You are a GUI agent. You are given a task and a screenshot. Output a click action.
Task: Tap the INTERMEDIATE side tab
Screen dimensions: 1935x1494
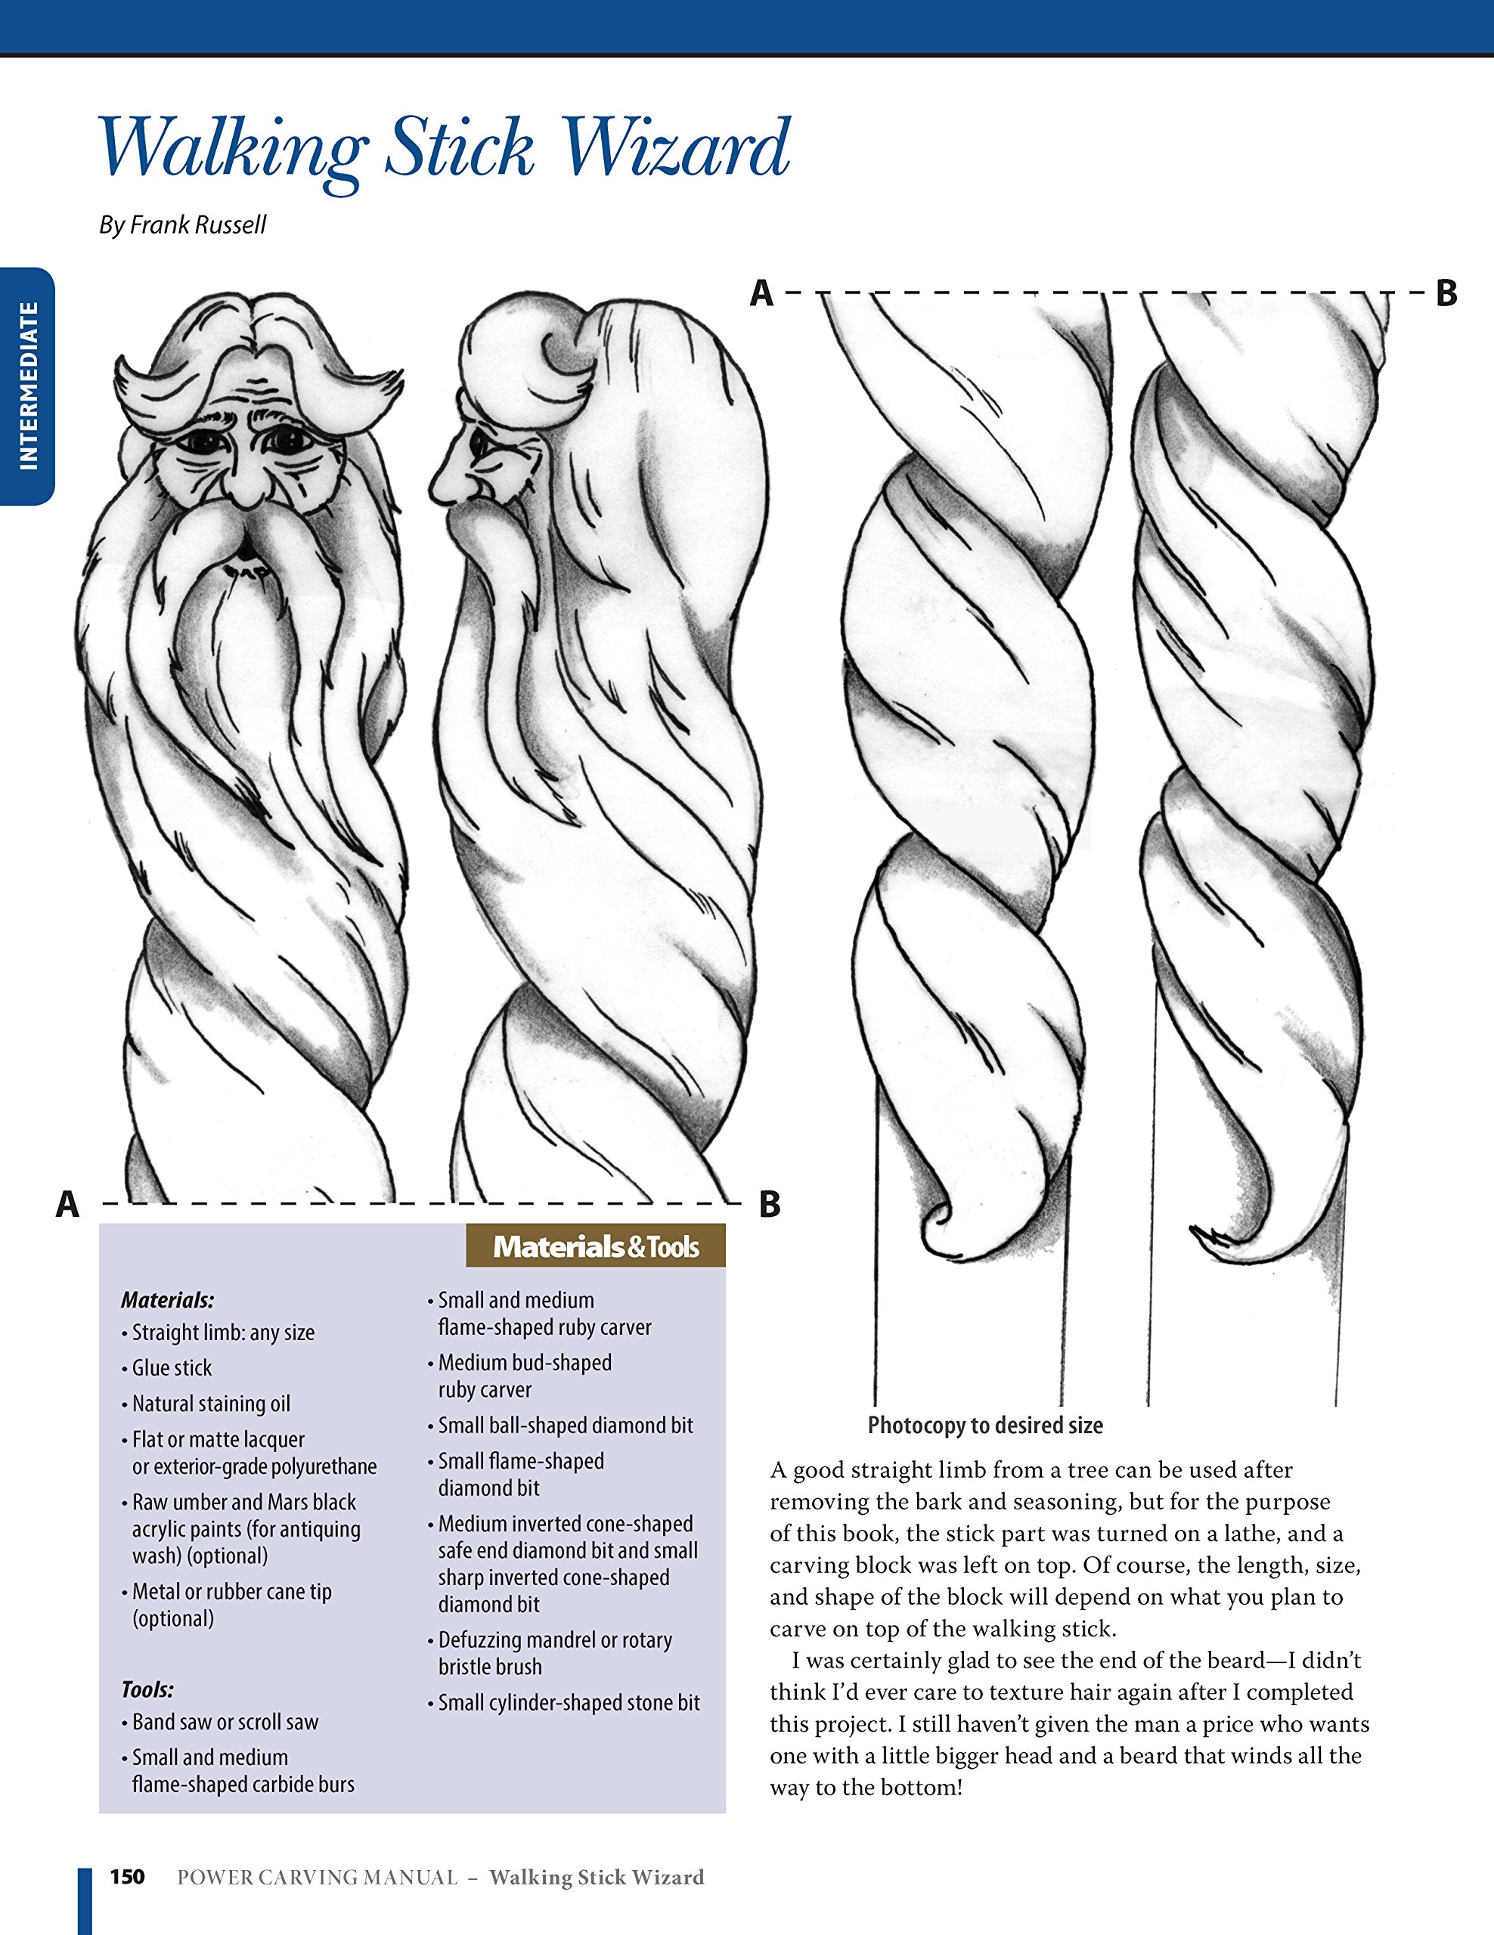27,386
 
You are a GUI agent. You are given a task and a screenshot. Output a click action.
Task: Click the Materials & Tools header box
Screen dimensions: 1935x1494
596,1246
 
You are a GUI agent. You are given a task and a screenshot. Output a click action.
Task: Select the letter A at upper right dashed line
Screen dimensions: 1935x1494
761,293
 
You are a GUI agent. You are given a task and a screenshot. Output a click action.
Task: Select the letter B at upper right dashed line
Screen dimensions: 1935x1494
1446,293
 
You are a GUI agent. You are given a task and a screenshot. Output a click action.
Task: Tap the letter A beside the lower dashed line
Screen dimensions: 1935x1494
67,1205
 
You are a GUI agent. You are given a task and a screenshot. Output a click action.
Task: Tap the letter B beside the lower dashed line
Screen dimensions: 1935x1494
769,1205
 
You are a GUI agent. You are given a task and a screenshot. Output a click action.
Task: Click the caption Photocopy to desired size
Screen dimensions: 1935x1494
984,1426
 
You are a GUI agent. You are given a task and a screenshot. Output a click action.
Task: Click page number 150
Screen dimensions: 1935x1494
127,1877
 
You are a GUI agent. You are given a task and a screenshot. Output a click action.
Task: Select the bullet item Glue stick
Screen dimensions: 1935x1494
172,1368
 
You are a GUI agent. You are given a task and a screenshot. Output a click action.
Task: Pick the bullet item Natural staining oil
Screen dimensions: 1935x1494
211,1404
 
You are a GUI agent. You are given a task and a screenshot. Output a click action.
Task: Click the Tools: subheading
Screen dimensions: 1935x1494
147,1689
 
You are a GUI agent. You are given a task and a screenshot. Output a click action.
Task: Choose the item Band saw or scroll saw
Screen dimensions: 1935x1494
225,1722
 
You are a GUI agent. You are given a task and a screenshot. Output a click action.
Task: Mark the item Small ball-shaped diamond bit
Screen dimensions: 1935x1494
566,1426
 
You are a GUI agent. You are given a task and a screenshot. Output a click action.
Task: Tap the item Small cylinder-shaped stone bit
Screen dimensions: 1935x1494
569,1702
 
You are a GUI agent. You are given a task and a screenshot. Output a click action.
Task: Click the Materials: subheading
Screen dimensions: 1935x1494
168,1300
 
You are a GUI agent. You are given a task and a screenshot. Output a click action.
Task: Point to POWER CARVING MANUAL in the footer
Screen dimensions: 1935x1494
318,1878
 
